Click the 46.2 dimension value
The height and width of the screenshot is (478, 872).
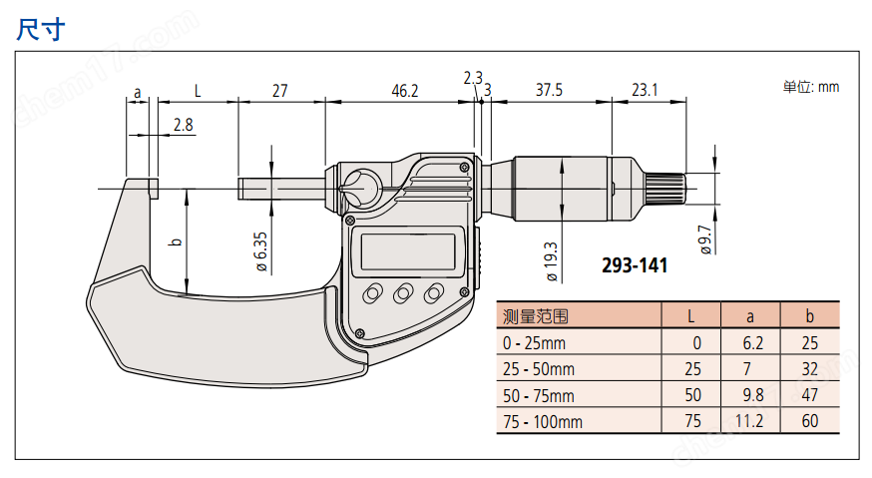tap(404, 90)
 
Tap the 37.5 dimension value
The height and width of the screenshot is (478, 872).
tap(549, 90)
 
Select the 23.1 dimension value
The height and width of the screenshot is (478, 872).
tap(645, 90)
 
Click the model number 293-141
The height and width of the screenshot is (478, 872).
tap(635, 265)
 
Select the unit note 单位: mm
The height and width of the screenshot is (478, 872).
tap(810, 87)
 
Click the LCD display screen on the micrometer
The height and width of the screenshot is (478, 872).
tap(408, 249)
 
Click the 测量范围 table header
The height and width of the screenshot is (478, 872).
tap(536, 317)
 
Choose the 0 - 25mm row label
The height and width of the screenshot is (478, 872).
tap(534, 343)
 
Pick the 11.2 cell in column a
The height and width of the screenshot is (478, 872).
tap(750, 421)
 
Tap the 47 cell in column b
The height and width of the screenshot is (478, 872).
tap(809, 395)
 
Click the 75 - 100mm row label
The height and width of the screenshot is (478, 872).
tap(542, 421)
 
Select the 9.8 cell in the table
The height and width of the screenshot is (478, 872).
tap(750, 395)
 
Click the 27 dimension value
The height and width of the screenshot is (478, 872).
tap(279, 90)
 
